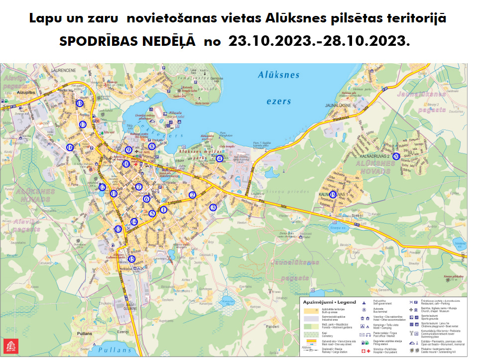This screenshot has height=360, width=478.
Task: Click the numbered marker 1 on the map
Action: (x=163, y=210)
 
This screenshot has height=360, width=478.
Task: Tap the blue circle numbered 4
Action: (x=220, y=158)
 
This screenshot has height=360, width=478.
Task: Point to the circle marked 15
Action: (x=131, y=258)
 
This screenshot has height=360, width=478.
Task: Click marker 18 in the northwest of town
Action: (x=80, y=103)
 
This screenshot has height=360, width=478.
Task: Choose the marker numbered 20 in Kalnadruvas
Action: (x=396, y=156)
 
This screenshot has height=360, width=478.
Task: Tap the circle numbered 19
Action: (x=333, y=194)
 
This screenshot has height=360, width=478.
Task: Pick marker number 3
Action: (x=213, y=207)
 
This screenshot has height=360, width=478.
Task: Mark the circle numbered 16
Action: (x=70, y=147)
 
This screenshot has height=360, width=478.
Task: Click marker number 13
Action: (x=118, y=229)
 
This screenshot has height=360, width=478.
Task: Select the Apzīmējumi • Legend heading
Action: (x=330, y=302)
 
